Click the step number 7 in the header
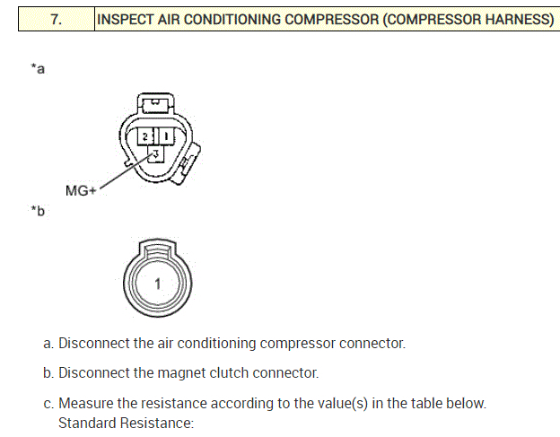click(56, 20)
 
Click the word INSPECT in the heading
click(127, 20)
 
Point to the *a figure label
click(38, 68)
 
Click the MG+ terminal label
click(81, 190)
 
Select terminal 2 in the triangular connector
click(144, 136)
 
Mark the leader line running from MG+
click(121, 173)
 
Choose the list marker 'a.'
click(49, 343)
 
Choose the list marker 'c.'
click(49, 404)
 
